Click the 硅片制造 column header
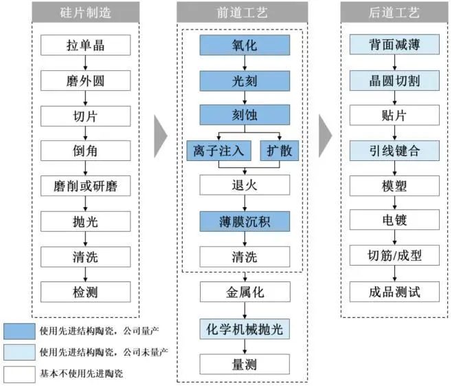pyautogui.click(x=84, y=12)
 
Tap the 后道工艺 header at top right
pyautogui.click(x=394, y=12)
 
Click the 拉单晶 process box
pyautogui.click(x=84, y=45)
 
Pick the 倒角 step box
pyautogui.click(x=84, y=151)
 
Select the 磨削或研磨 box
pyautogui.click(x=84, y=186)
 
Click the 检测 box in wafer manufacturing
pyautogui.click(x=84, y=291)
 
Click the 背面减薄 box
pyautogui.click(x=394, y=45)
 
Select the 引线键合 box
pyautogui.click(x=394, y=151)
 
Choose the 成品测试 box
pyautogui.click(x=394, y=291)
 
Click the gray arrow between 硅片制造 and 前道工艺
pyautogui.click(x=160, y=133)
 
